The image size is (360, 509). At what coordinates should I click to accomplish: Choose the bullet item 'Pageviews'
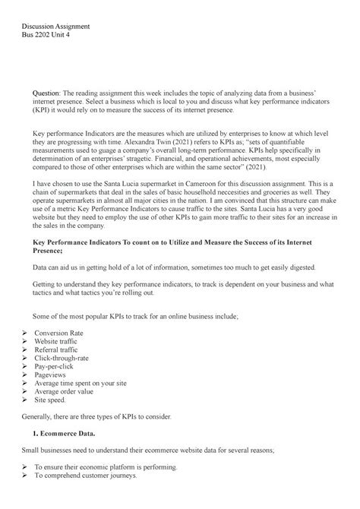(x=52, y=385)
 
